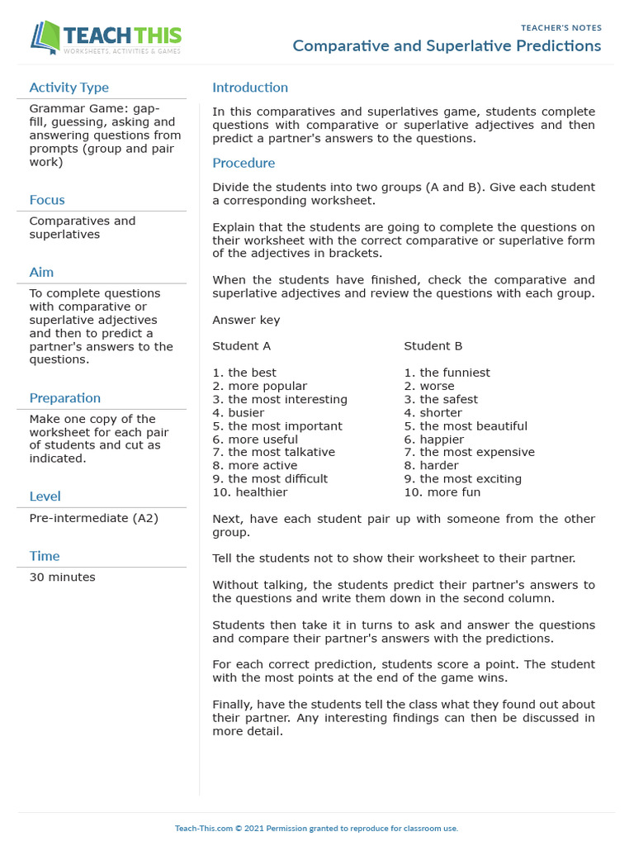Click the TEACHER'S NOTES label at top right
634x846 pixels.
(x=561, y=28)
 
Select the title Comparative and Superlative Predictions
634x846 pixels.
(x=447, y=46)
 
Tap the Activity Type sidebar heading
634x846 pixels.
(x=69, y=88)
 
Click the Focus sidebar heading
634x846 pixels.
(x=47, y=200)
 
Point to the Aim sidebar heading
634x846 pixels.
(x=41, y=273)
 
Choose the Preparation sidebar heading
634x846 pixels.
(x=65, y=398)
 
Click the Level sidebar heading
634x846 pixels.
(x=45, y=497)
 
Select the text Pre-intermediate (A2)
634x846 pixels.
(x=93, y=518)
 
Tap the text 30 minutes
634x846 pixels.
(x=62, y=577)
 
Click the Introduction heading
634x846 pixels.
(x=250, y=88)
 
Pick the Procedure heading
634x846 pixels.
(x=244, y=163)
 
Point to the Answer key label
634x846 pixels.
(x=246, y=320)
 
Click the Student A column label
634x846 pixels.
(x=241, y=346)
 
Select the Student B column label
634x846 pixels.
(x=433, y=346)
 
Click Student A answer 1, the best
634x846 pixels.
(x=244, y=373)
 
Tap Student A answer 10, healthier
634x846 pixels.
(x=250, y=492)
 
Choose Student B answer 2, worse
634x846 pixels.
(x=428, y=386)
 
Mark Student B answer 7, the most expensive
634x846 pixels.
(x=469, y=452)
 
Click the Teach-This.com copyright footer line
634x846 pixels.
(x=316, y=828)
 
